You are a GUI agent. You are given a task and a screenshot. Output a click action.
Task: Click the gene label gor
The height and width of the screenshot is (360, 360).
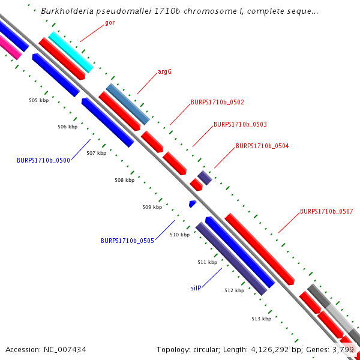tap(110, 23)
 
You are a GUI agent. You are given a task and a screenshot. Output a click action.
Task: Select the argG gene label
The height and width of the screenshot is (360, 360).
tap(164, 71)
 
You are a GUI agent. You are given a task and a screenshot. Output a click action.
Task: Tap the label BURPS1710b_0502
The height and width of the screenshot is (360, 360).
tap(217, 103)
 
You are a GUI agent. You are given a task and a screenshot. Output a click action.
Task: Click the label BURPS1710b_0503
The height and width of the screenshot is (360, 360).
tap(240, 125)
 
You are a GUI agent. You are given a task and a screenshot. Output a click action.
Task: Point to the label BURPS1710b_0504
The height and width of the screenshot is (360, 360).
tap(262, 146)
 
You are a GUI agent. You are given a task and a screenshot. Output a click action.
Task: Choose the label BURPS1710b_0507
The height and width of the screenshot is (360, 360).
tap(326, 211)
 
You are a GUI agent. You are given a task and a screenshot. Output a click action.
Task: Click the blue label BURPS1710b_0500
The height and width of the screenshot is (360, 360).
tap(43, 160)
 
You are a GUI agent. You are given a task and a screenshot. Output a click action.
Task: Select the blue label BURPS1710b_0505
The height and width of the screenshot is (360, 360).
tap(127, 241)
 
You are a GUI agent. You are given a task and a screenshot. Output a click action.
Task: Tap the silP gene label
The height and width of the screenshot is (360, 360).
tap(196, 288)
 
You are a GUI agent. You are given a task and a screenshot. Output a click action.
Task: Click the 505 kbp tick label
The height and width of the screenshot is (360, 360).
tap(38, 100)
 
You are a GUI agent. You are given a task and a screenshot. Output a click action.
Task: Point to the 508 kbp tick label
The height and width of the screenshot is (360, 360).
tap(124, 180)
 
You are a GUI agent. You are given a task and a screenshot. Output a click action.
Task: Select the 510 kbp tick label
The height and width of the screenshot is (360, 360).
tap(179, 235)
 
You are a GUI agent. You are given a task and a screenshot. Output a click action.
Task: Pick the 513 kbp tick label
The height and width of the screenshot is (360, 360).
tap(261, 319)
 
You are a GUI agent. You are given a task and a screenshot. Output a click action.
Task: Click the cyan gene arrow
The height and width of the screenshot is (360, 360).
tap(71, 52)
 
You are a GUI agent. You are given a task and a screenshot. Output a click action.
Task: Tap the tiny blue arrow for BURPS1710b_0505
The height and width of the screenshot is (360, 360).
tap(193, 204)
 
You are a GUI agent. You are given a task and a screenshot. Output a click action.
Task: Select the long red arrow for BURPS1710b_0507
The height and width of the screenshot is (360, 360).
tap(259, 248)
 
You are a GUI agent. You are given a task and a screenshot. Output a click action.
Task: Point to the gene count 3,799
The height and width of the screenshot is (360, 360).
tap(345, 349)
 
